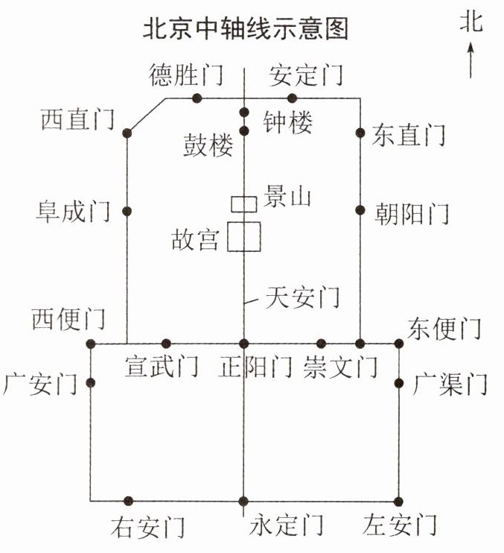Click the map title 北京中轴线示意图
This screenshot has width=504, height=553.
coord(245,29)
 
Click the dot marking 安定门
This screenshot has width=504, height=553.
coord(292,98)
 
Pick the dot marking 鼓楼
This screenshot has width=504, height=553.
coord(243,131)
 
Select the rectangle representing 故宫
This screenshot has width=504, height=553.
coord(243,236)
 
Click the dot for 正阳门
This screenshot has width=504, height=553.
coord(243,344)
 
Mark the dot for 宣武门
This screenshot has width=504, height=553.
coord(166,344)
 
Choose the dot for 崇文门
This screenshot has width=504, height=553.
coord(321,344)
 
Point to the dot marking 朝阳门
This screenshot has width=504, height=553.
coord(360,210)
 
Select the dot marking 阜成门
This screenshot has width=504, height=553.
coord(127,210)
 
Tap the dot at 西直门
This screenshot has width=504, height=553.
coord(127,133)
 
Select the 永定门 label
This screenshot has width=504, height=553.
coord(287,526)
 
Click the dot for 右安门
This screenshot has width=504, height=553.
coord(128,501)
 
